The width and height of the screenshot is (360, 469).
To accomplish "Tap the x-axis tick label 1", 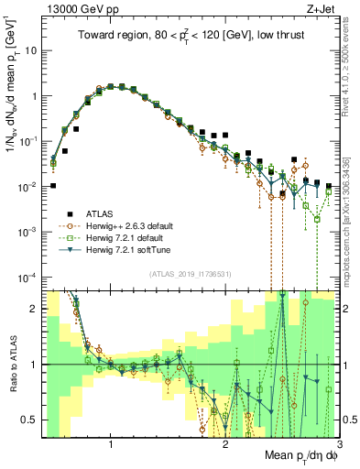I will pos(111,445).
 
